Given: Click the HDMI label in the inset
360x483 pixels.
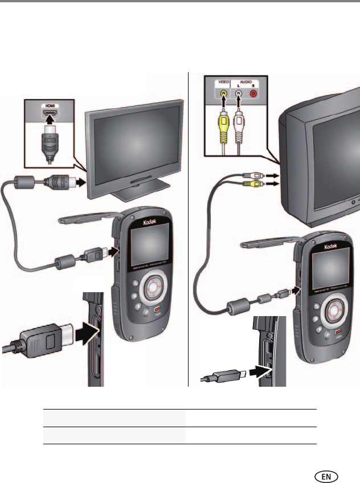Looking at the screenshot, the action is click(50, 106).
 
